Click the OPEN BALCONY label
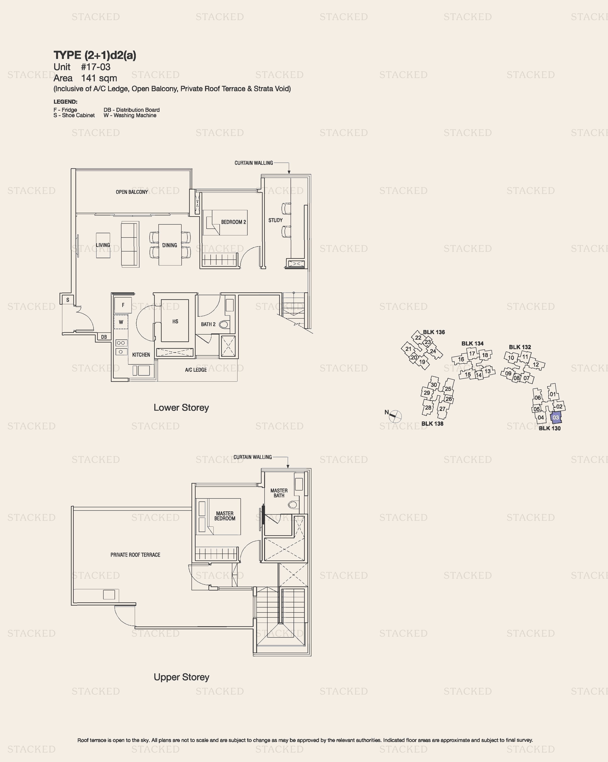[132, 192]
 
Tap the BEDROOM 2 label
[233, 222]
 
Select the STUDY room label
[275, 220]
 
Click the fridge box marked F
[123, 305]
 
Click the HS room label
[175, 321]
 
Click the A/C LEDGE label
[196, 370]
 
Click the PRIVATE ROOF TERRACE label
[135, 555]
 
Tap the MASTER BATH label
[279, 493]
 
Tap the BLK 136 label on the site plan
[434, 332]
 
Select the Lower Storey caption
[181, 407]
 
